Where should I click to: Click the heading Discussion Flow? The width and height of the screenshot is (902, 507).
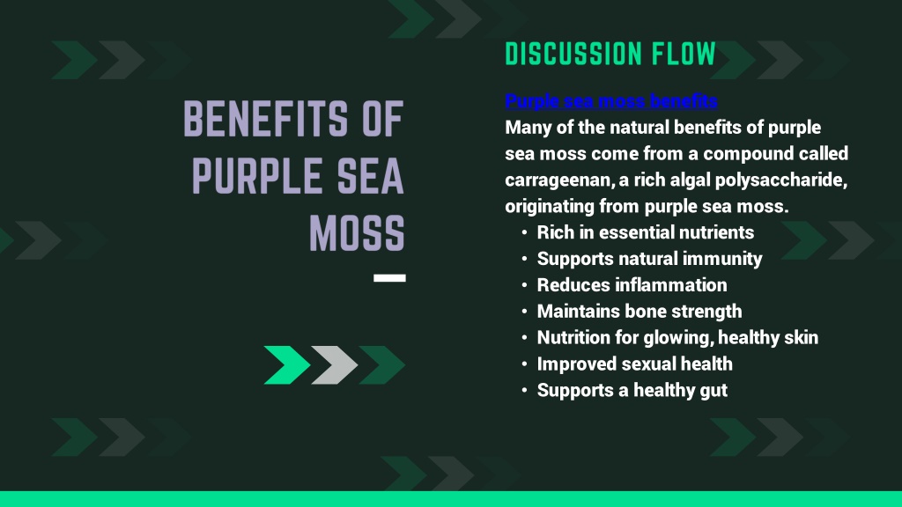tap(610, 54)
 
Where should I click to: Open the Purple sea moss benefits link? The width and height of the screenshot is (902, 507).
tap(611, 101)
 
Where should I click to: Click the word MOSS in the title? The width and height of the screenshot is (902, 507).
tap(358, 232)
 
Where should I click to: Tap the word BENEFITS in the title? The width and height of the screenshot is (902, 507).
tap(265, 119)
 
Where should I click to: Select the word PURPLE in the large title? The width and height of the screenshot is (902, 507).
tap(256, 176)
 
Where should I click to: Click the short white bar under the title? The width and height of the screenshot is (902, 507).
tap(389, 277)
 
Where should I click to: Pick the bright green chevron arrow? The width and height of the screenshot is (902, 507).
tap(287, 365)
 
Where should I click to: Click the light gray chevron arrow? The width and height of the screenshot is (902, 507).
tap(334, 365)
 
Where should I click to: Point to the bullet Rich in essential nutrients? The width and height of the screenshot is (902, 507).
tap(646, 232)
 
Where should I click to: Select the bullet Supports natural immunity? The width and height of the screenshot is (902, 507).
tap(649, 259)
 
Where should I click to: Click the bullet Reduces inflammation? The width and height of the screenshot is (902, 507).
tap(632, 285)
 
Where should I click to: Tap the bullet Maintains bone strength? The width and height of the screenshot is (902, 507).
tap(640, 312)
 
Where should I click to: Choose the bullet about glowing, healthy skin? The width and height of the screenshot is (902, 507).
tap(677, 337)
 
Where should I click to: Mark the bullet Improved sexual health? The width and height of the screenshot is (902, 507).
tap(634, 364)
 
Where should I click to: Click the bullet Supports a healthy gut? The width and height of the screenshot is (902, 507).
tap(632, 390)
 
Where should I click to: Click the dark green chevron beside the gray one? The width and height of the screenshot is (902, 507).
tap(381, 365)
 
